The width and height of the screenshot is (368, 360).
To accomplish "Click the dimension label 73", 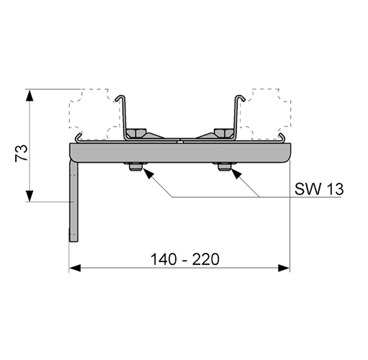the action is click(x=21, y=153).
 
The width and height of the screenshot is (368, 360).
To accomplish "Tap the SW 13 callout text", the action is click(x=319, y=189).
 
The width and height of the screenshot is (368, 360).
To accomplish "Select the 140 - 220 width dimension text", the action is click(x=185, y=259).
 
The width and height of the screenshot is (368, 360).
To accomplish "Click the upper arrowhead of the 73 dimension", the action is click(x=30, y=95).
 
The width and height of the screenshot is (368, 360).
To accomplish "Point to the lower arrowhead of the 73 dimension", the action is click(x=30, y=196).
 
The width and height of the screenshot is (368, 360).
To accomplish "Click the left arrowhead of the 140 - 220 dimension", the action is click(x=75, y=268).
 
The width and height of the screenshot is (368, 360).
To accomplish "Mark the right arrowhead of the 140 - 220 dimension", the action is click(x=284, y=268).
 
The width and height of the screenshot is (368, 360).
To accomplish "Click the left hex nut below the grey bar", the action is click(x=135, y=166).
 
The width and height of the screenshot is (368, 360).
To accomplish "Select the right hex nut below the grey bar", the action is click(x=224, y=166).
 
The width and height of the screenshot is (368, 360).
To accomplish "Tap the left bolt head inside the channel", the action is click(x=136, y=132).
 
